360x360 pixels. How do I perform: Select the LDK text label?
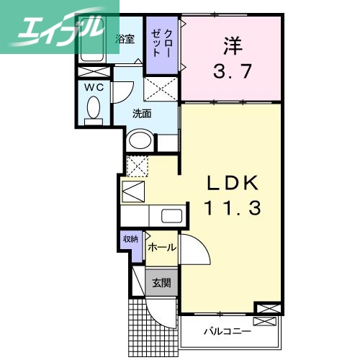[231, 183]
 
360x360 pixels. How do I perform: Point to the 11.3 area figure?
[230, 209]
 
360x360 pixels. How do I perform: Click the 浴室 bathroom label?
[125, 39]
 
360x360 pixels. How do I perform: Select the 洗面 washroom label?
[141, 113]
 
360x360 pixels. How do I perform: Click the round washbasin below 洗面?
[139, 140]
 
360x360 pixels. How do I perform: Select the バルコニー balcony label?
[226, 331]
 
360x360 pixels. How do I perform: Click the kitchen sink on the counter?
[171, 215]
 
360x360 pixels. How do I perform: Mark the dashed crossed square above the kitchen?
[137, 165]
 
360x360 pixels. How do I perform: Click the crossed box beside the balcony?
[264, 310]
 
